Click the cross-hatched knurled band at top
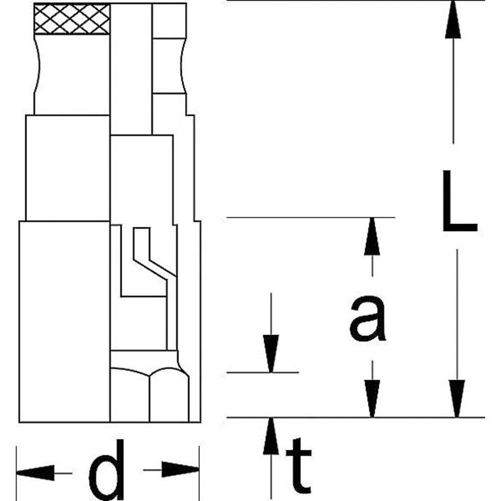click(72, 20)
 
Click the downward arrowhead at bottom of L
click(456, 398)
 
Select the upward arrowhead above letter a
click(372, 235)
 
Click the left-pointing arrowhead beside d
click(35, 472)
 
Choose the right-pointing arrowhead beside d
click(180, 470)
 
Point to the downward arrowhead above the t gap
click(271, 353)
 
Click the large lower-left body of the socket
click(64, 321)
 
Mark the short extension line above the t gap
click(263, 372)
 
